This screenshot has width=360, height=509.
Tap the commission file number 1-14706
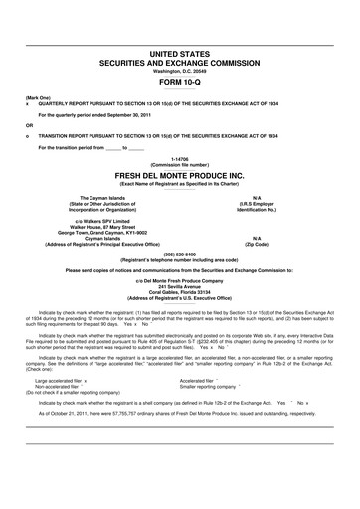(x=180, y=158)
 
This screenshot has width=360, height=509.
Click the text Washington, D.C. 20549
(x=180, y=71)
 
